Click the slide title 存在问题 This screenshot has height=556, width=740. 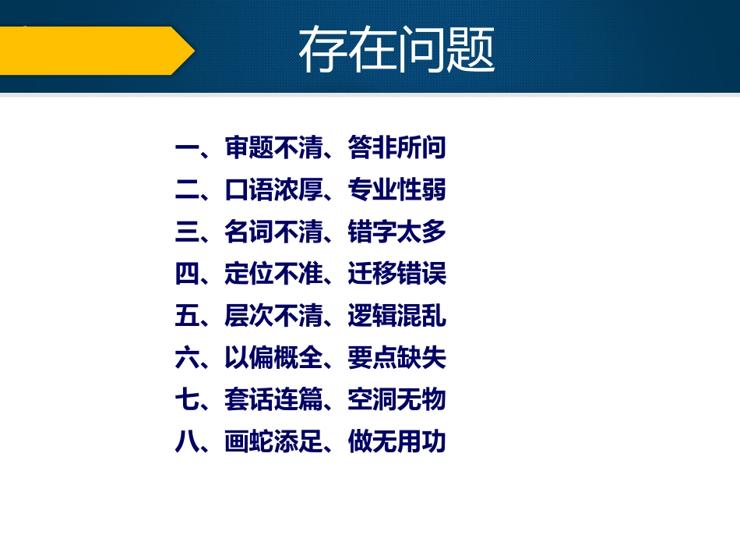click(396, 51)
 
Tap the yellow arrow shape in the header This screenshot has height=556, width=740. click(93, 51)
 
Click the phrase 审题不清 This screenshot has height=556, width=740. click(273, 147)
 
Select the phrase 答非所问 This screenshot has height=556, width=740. click(397, 147)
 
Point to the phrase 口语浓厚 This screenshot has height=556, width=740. click(273, 189)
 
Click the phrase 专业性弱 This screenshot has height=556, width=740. click(397, 189)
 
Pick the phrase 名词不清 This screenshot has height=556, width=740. click(273, 232)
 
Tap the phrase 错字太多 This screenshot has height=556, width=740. click(397, 232)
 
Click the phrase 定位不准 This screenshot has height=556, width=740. click(273, 274)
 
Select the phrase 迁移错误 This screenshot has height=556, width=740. click(397, 274)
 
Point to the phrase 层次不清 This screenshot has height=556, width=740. click(273, 316)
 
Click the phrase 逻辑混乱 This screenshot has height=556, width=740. click(397, 316)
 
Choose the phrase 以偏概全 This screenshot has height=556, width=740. click(273, 358)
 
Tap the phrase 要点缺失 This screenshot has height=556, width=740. click(397, 358)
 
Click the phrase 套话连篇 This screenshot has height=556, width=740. click(273, 400)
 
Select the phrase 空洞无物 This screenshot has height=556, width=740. click(397, 400)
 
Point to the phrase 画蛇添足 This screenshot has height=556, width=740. click(273, 442)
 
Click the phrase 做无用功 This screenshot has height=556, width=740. click(397, 442)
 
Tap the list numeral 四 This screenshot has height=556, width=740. click(187, 274)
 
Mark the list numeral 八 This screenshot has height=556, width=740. click(187, 442)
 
